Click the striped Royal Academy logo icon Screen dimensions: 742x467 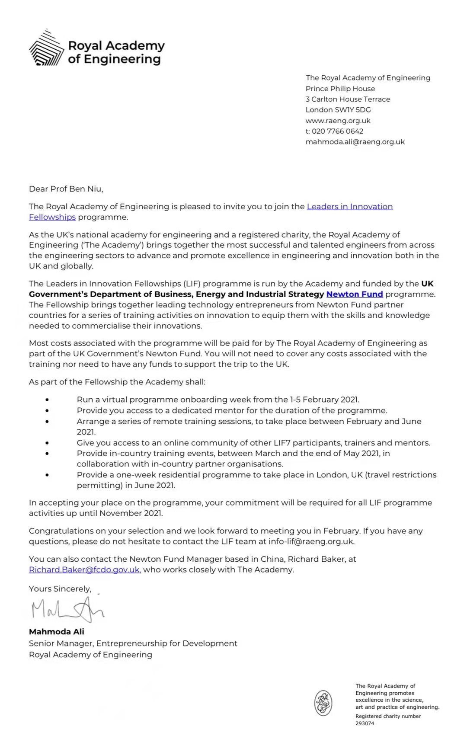point(46,48)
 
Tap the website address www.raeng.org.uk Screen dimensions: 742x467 point(338,121)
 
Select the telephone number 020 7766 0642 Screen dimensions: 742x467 point(337,131)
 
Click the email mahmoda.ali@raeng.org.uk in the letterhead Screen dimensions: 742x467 point(355,142)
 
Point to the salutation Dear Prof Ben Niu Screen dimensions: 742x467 point(66,189)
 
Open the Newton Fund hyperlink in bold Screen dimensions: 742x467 point(355,294)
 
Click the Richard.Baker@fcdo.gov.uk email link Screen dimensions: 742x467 point(84,570)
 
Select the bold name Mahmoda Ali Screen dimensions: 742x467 point(56,632)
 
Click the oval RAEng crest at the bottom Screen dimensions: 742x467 point(323,703)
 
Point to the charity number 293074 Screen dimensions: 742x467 point(365,723)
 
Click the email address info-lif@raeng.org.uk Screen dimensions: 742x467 point(311,541)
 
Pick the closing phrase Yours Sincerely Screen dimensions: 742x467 point(60,589)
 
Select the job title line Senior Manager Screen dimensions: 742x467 point(133,643)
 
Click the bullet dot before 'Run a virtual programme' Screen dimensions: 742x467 point(47,400)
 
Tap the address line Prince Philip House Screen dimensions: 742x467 point(340,89)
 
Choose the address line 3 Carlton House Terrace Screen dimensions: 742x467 point(348,99)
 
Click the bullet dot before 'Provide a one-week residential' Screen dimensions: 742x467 point(47,475)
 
